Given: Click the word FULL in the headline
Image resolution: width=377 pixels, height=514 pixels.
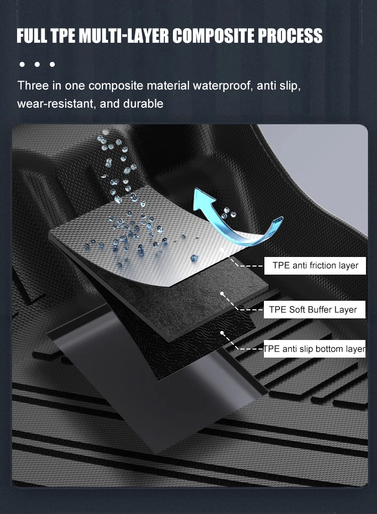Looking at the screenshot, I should pos(32,36).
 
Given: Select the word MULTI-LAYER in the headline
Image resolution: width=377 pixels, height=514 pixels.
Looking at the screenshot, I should pos(124,36).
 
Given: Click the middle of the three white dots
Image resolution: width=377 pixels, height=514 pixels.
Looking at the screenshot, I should pos(37,64).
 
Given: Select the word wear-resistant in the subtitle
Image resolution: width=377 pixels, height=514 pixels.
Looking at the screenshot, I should pos(53,104).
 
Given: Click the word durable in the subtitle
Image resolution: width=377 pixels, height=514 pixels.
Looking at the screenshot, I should pos(146,104).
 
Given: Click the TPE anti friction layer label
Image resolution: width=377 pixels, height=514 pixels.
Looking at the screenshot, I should pos(315,266).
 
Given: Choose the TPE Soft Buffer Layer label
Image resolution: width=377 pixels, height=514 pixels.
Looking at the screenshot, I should pos(313,309).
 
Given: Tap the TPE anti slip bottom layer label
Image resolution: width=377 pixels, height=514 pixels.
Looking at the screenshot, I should pos(315,349).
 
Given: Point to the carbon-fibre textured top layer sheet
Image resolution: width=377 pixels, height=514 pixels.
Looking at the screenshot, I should pos(151,226).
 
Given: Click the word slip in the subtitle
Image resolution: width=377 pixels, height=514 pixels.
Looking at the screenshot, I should pos(290,85).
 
